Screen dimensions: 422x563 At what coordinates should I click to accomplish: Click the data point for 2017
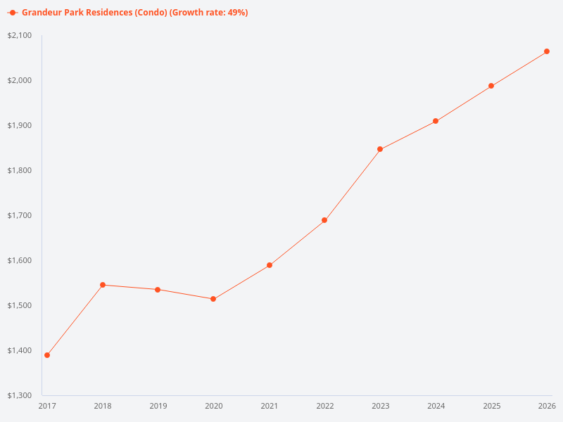[x=47, y=355]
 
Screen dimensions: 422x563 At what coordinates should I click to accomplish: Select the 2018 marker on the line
[x=103, y=285]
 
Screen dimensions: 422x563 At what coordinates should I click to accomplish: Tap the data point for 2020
[x=213, y=299]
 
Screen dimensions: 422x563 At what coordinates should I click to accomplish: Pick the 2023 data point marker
[x=380, y=149]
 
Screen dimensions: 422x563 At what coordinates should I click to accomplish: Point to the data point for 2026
[x=547, y=51]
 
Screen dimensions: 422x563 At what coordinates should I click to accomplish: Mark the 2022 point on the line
[x=324, y=220]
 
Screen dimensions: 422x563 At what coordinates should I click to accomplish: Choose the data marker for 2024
[x=436, y=121]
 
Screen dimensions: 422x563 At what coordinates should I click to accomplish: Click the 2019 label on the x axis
[x=158, y=406]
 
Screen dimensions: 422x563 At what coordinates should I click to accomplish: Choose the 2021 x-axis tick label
[x=269, y=406]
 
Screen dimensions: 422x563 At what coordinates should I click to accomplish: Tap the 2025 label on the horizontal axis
[x=491, y=406]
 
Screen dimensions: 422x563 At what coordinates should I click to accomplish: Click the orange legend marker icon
[x=13, y=13]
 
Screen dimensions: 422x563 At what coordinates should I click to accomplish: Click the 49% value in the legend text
[x=236, y=13]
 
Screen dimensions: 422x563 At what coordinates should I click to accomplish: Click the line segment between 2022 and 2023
[x=352, y=185]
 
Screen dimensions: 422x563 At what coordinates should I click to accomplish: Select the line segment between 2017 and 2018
[x=75, y=320]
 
